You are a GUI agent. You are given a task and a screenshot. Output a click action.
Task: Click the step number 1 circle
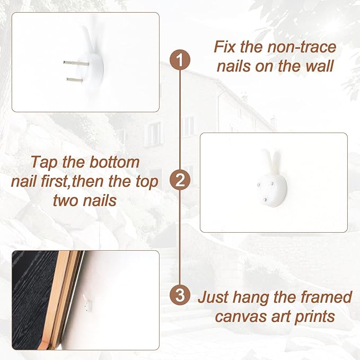pos(180,60)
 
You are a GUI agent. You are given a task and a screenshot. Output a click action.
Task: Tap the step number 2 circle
pos(180,180)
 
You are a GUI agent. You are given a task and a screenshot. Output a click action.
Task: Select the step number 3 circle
pos(180,295)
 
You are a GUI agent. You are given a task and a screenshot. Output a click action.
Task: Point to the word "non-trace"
pos(302,47)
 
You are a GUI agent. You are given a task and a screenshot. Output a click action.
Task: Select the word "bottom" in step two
pos(115,162)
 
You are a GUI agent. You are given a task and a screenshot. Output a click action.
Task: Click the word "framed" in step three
pos(326,297)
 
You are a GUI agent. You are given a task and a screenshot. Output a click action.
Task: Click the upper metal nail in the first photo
pos(76,63)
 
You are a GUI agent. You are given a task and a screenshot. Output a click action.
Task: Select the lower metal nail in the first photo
pos(75,80)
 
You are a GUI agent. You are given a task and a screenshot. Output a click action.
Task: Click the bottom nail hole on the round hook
pos(265,200)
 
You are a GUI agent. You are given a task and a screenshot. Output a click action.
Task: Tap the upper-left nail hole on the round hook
pos(259,185)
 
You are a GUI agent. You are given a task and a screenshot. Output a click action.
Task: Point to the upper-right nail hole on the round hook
pos(272,183)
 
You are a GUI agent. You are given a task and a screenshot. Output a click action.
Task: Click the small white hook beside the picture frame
pos(87,303)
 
